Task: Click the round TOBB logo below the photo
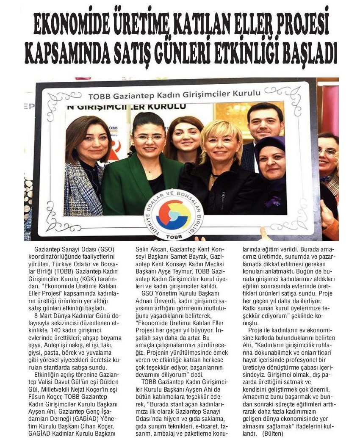point(174,214)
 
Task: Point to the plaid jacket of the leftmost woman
point(83,191)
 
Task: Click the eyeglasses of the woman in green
point(149,138)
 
